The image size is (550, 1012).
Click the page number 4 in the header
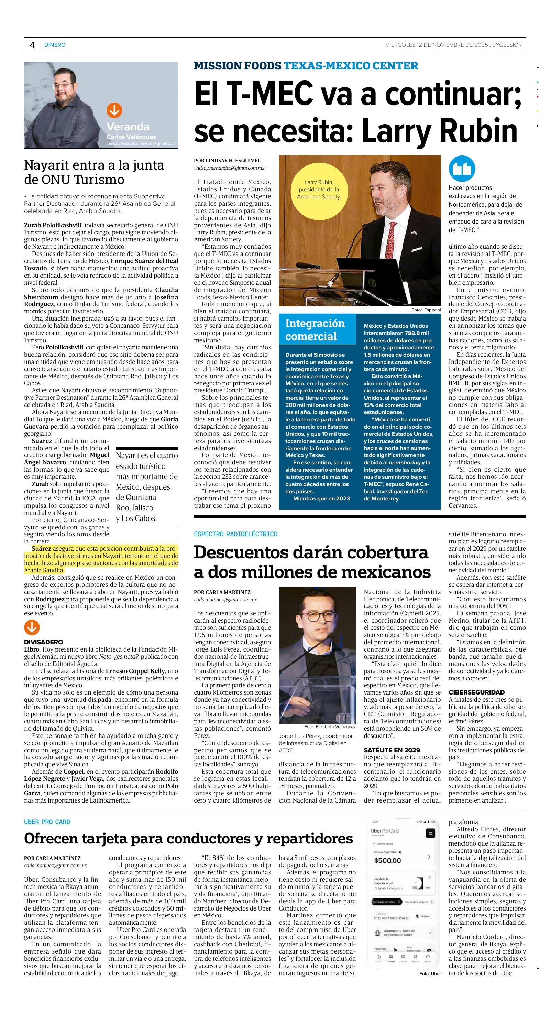[x=32, y=45]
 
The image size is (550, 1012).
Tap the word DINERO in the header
[x=55, y=45]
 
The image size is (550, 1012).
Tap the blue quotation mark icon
[x=462, y=169]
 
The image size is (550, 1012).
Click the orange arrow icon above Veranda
[x=114, y=110]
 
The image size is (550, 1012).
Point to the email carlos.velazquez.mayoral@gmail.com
[x=141, y=144]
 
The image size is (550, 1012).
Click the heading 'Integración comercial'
[x=315, y=330]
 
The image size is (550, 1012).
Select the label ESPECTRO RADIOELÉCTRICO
[x=235, y=534]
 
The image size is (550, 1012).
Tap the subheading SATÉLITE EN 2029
[x=392, y=750]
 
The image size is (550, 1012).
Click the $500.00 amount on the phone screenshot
[x=387, y=860]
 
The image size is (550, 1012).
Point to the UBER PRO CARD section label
[x=47, y=822]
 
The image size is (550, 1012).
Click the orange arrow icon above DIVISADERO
[x=32, y=627]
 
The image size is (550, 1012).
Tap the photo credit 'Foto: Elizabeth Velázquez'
[x=330, y=727]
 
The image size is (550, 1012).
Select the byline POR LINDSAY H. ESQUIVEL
[x=227, y=160]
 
